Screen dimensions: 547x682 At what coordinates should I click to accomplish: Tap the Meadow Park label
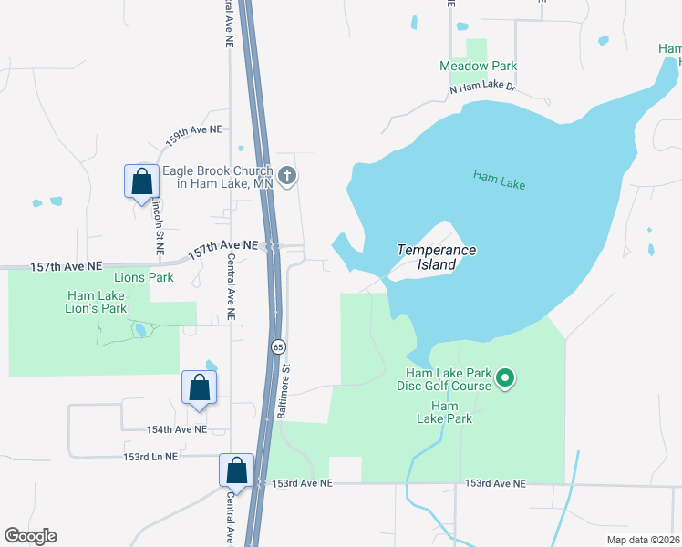pyautogui.click(x=478, y=66)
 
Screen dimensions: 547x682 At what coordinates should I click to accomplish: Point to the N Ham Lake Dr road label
pyautogui.click(x=482, y=88)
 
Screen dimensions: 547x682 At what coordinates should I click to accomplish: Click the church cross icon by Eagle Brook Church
pyautogui.click(x=287, y=176)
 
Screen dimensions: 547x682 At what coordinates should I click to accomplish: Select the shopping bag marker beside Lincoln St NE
pyautogui.click(x=141, y=181)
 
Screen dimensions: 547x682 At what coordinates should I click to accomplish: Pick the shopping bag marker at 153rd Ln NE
pyautogui.click(x=236, y=470)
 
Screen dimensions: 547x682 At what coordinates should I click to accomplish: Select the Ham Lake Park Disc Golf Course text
pyautogui.click(x=449, y=379)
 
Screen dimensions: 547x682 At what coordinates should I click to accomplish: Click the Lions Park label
pyautogui.click(x=143, y=277)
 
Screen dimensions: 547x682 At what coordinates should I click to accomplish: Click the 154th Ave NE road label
pyautogui.click(x=165, y=428)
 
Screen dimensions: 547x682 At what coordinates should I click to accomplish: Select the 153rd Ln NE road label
pyautogui.click(x=151, y=456)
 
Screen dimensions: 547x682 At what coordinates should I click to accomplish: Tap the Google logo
pyautogui.click(x=30, y=536)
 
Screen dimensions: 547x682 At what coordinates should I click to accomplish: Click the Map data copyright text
pyautogui.click(x=644, y=539)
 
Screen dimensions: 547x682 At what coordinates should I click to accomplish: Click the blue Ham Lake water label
pyautogui.click(x=500, y=178)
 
